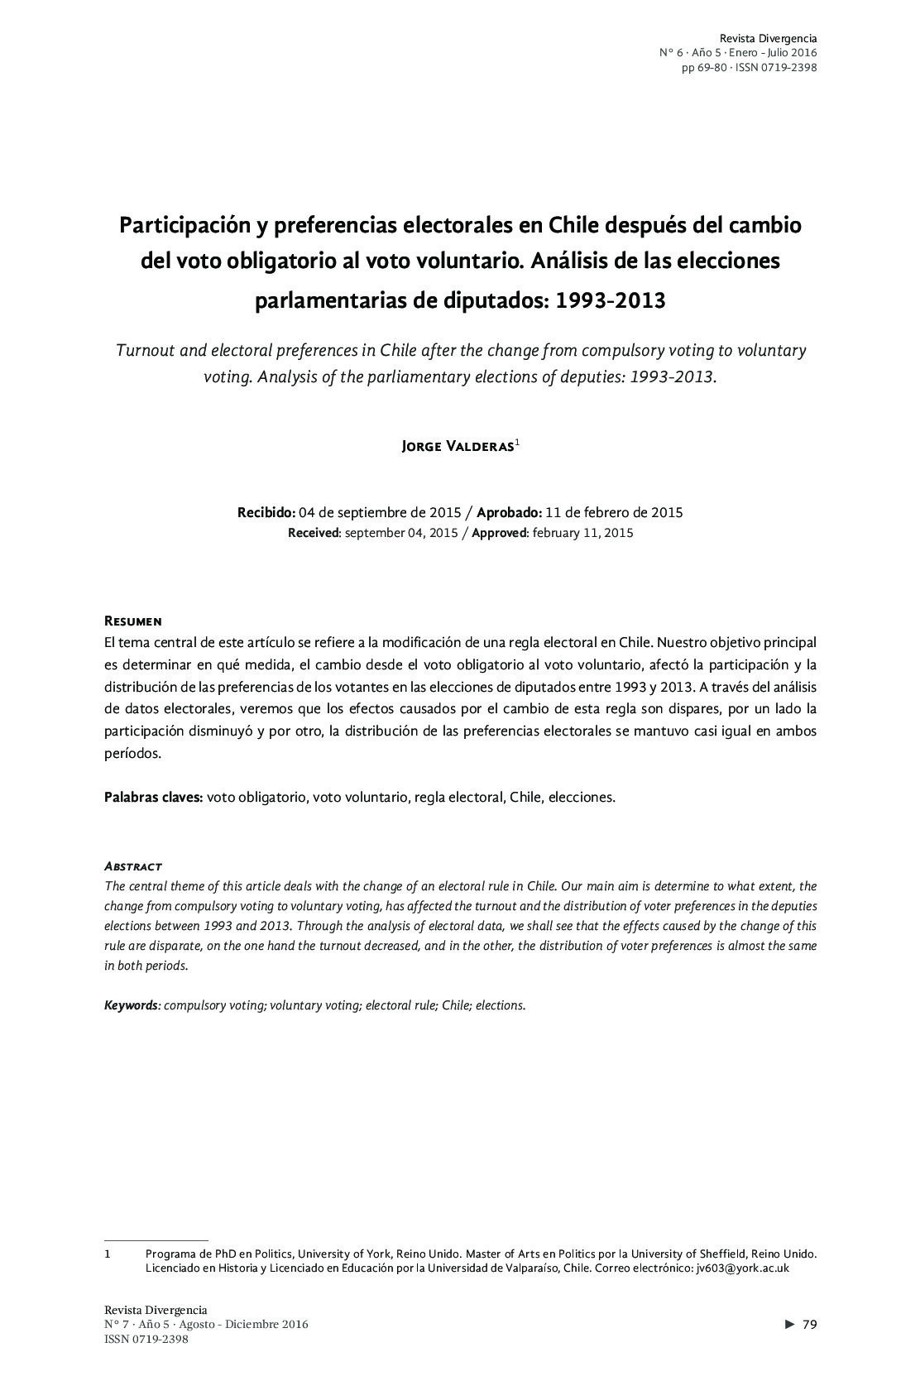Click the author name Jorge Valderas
pyautogui.click(x=457, y=447)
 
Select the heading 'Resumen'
pyautogui.click(x=132, y=621)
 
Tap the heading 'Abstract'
pyautogui.click(x=132, y=865)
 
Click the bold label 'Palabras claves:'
pyautogui.click(x=153, y=798)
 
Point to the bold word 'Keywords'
pyautogui.click(x=131, y=1005)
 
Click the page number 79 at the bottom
pyautogui.click(x=809, y=1325)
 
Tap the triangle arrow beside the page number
pyautogui.click(x=790, y=1325)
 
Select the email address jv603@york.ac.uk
pyautogui.click(x=742, y=1268)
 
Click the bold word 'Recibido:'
pyautogui.click(x=266, y=512)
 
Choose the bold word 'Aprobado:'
pyautogui.click(x=509, y=512)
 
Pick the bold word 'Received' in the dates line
pyautogui.click(x=314, y=533)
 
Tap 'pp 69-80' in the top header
pyautogui.click(x=704, y=67)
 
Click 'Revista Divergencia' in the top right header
pyautogui.click(x=768, y=38)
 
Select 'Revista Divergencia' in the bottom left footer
pyautogui.click(x=156, y=1310)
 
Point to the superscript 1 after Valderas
pyautogui.click(x=517, y=442)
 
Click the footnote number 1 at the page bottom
pyautogui.click(x=108, y=1254)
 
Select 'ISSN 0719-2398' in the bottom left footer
pyautogui.click(x=146, y=1340)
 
